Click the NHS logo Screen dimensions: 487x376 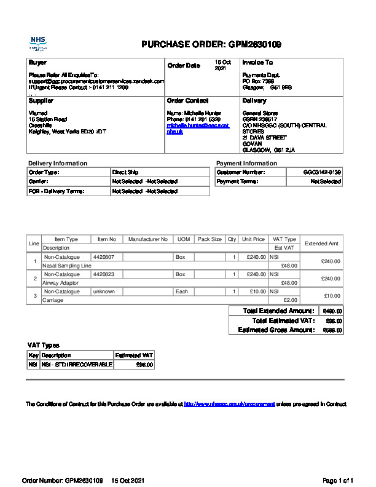[38, 44]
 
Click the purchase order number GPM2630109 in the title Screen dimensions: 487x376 [255, 44]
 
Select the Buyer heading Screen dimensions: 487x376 [37, 63]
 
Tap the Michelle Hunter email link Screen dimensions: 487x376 [198, 129]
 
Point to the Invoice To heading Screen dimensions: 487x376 [257, 63]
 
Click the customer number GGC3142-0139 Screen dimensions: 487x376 [322, 173]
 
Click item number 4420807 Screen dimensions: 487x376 [104, 257]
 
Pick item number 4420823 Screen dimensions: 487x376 [104, 274]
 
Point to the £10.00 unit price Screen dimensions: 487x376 [256, 291]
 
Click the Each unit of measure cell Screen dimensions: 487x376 [182, 291]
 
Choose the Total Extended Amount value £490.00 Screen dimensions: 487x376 [333, 311]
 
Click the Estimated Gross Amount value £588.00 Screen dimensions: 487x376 [333, 330]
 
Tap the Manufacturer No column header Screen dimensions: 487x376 [147, 239]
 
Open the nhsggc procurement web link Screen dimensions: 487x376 [229, 405]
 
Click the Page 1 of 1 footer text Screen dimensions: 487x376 [338, 480]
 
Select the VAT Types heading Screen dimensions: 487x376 [44, 346]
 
